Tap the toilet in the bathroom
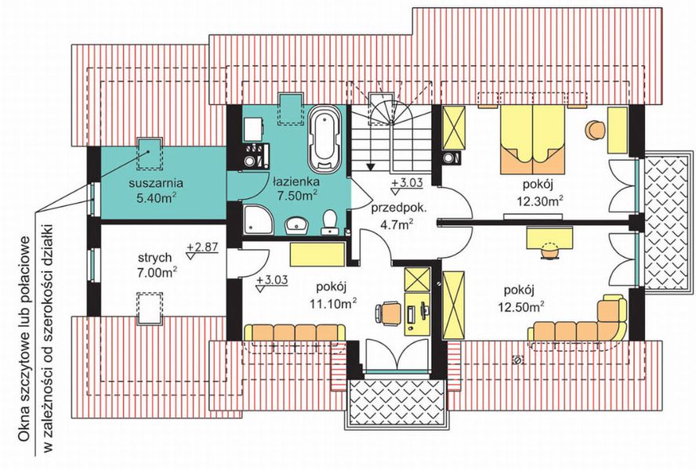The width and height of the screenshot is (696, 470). coord(329,222)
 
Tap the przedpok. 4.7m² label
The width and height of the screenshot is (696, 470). coord(398,216)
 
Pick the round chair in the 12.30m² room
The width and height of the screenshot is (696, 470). coord(595,129)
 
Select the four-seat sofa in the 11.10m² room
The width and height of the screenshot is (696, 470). coord(295,332)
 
